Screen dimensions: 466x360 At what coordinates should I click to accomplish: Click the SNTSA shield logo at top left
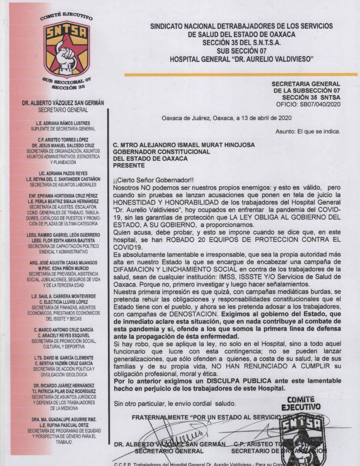[67, 49]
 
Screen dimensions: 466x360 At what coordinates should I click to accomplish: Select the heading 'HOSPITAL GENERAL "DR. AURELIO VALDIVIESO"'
[241, 58]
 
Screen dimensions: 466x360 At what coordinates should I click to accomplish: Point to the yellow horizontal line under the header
[241, 75]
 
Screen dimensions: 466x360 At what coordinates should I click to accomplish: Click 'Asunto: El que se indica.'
[308, 131]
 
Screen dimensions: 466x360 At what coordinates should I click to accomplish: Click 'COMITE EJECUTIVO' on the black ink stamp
[301, 403]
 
